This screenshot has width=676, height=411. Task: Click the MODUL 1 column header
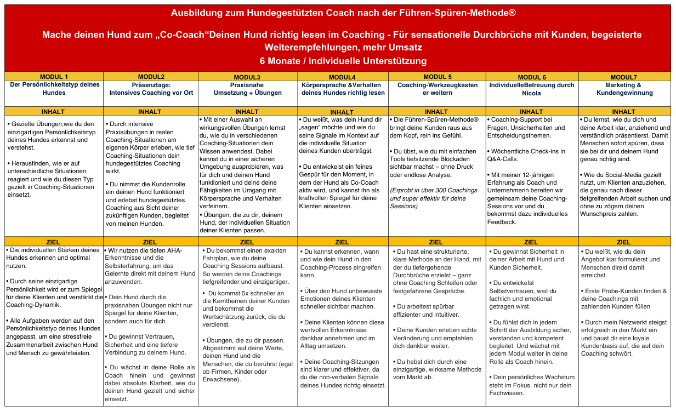pos(54,77)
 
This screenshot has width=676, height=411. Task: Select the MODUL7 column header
pos(623,77)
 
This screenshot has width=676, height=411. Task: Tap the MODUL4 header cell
pos(342,77)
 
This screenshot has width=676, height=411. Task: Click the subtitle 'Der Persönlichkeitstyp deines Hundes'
pos(54,89)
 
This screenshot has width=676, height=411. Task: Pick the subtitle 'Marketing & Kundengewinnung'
pos(623,89)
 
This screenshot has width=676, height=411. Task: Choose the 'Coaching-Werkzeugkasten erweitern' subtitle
pos(437,89)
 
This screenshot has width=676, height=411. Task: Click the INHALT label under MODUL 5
pos(436,112)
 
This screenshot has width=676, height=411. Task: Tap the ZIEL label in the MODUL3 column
pos(247,242)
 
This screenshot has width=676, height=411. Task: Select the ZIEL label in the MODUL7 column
pos(623,242)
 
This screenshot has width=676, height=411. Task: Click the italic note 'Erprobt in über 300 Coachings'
pos(434,190)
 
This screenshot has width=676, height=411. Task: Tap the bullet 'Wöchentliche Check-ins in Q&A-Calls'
pos(526,155)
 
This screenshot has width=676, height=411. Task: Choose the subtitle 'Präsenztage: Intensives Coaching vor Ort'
pos(151,89)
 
